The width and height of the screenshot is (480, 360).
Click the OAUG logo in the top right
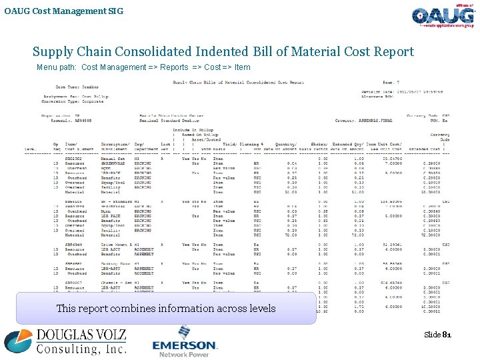click(443, 17)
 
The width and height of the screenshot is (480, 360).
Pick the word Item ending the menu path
click(243, 67)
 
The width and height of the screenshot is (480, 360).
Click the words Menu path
click(56, 67)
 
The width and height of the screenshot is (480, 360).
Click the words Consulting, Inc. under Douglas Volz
click(81, 348)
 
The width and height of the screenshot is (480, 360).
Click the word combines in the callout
click(127, 309)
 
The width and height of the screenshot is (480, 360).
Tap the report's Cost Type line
click(76, 87)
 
